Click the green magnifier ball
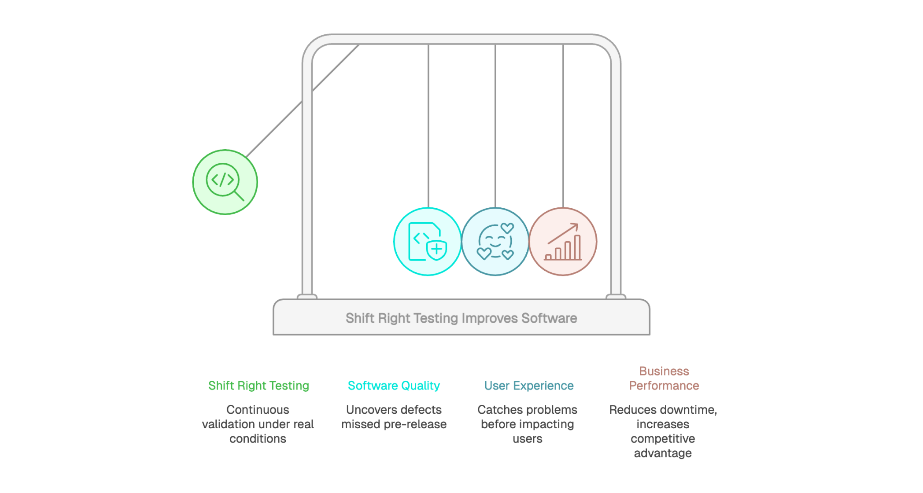225,182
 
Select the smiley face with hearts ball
495,242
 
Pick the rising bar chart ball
563,242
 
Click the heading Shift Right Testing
258,386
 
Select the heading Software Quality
394,386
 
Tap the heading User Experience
529,386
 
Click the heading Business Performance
664,379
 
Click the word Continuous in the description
258,410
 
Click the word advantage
663,453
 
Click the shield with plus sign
436,250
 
